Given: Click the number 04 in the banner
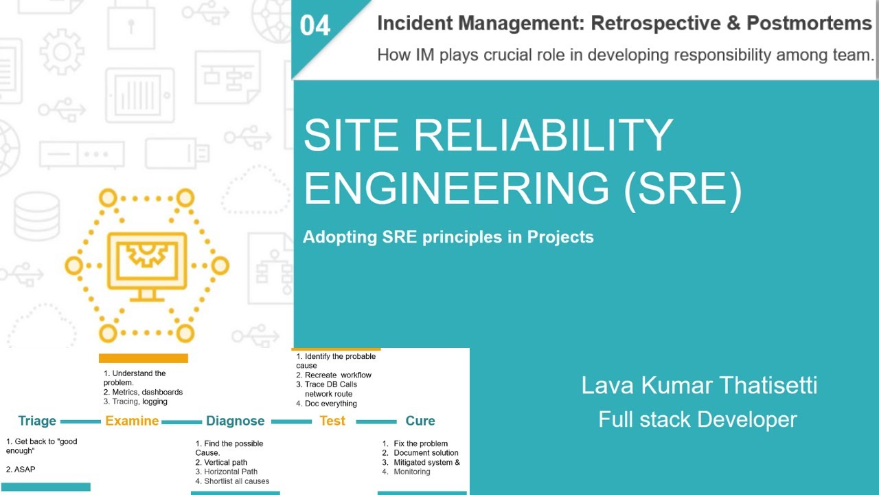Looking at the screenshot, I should click(315, 26).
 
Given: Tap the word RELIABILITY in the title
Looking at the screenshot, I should click(543, 135).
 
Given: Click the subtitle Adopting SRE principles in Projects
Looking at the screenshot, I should click(448, 237).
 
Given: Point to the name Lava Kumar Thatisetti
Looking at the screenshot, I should click(699, 385).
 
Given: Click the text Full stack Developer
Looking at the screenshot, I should click(697, 419).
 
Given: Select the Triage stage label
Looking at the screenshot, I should click(37, 421).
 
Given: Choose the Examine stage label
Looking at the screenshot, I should click(132, 421).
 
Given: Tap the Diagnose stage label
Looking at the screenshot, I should click(235, 421).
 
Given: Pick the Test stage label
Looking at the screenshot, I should click(332, 421).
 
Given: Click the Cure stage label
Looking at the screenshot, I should click(420, 421).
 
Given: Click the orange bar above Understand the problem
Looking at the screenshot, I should click(143, 358).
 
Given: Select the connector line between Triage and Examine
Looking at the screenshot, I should click(80, 421).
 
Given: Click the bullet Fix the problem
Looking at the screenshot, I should click(420, 443).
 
